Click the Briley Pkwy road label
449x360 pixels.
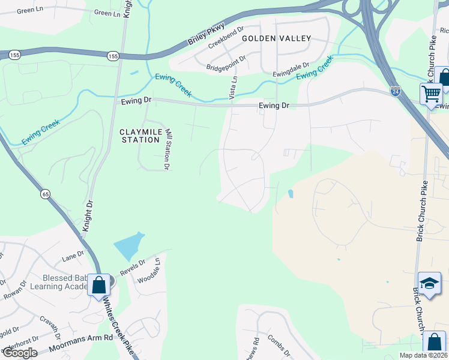tap(206, 34)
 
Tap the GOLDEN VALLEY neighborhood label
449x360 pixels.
tap(276, 38)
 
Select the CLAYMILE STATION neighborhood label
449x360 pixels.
tap(142, 136)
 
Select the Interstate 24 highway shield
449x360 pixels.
tap(395, 91)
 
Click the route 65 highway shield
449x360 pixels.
tap(46, 194)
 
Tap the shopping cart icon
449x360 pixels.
tap(431, 94)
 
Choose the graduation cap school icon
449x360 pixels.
tap(429, 283)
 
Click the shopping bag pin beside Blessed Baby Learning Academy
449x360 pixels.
tap(98, 284)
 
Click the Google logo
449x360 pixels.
tap(19, 352)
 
